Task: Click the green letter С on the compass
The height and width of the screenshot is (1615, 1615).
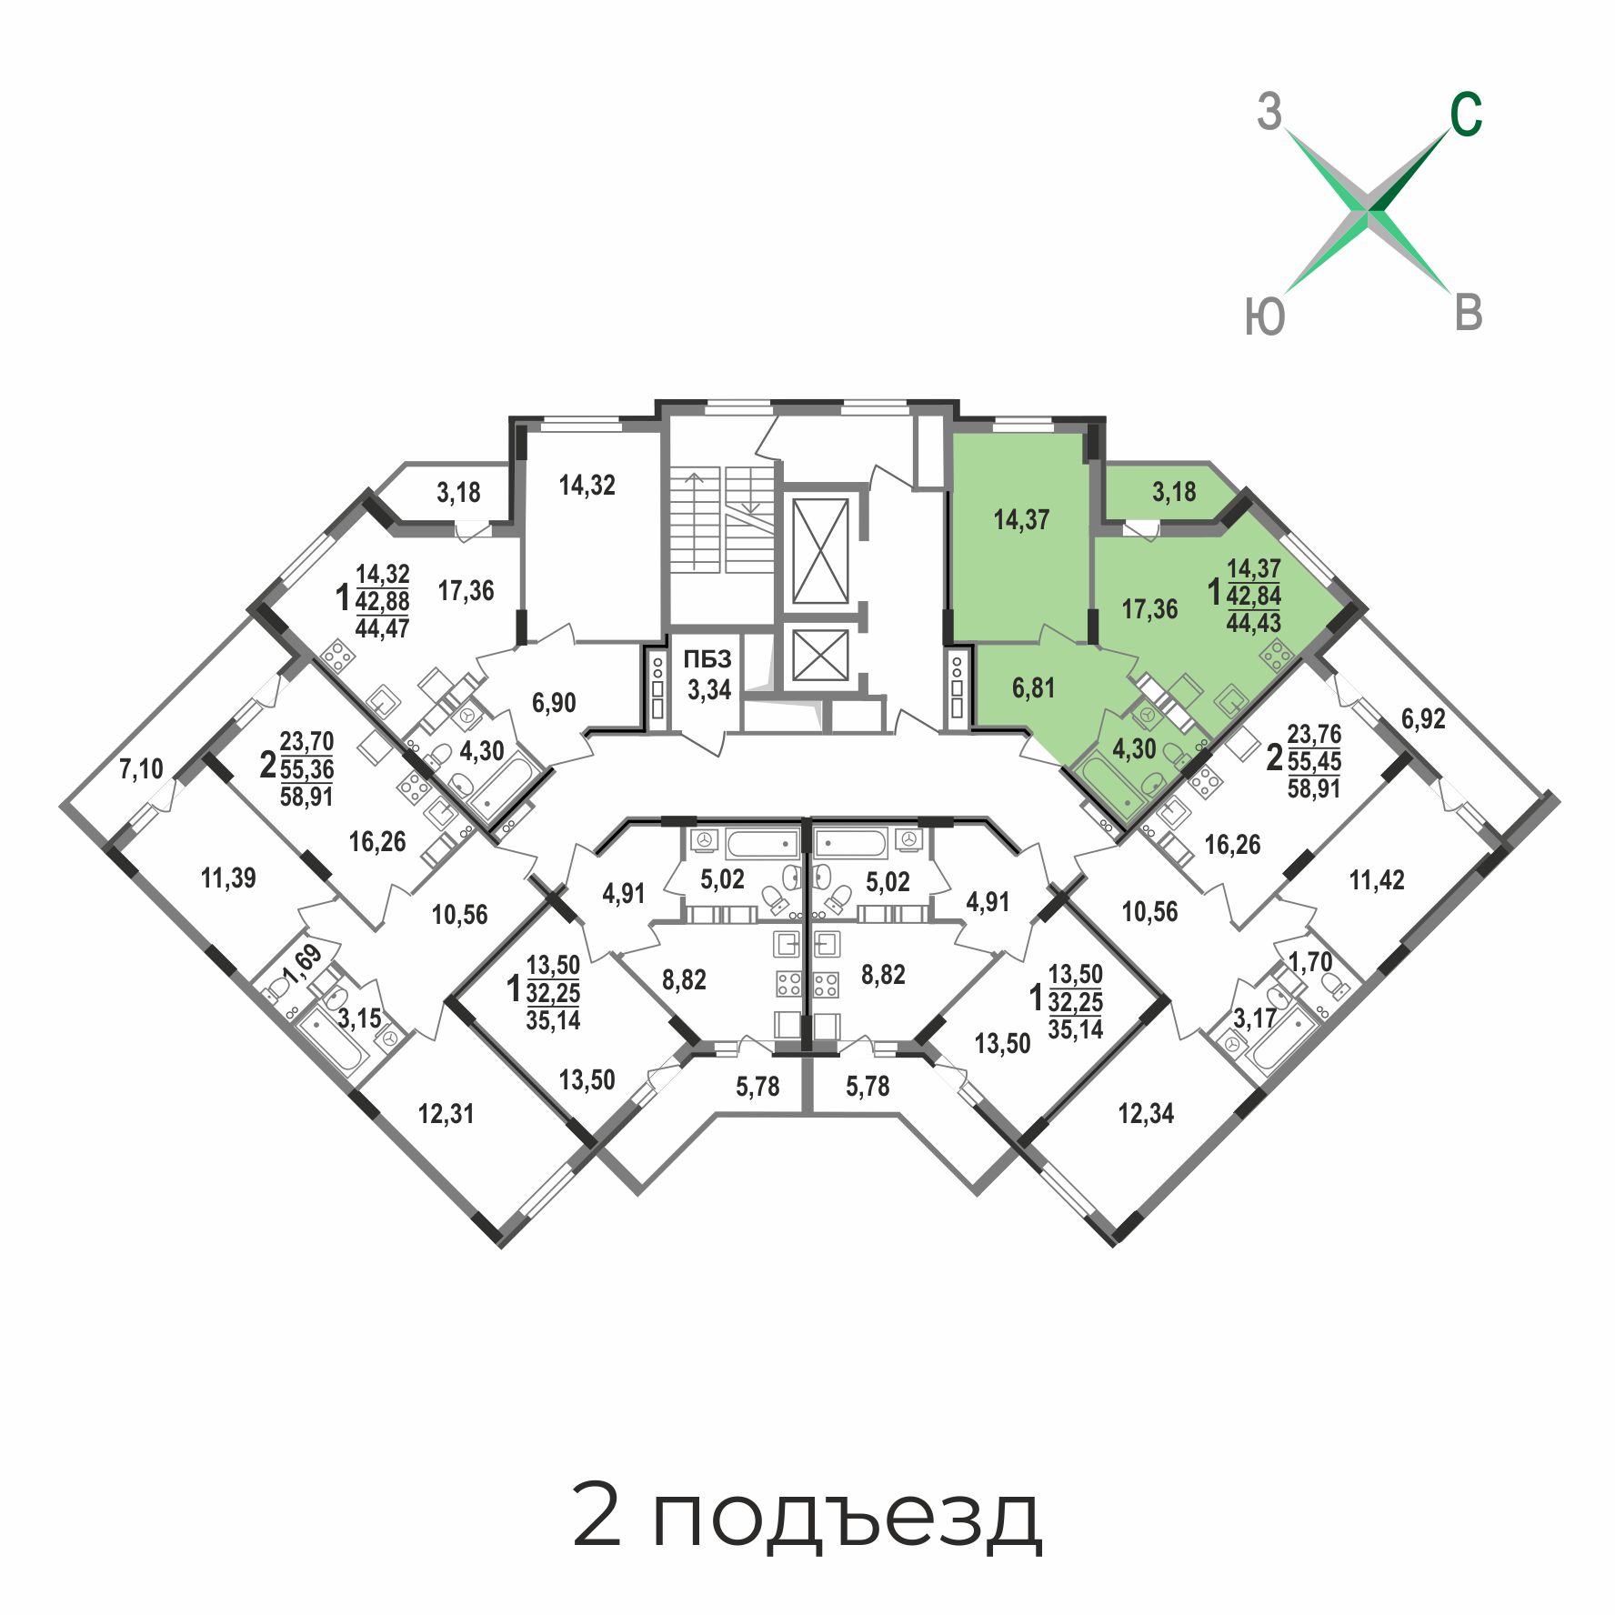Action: (1466, 115)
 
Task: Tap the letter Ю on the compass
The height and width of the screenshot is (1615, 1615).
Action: (1265, 317)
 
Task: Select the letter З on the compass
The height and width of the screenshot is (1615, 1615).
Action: (1269, 113)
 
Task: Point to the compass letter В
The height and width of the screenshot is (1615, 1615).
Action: (1469, 313)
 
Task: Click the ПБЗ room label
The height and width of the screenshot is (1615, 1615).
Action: (707, 660)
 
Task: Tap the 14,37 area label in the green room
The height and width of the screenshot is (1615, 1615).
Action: (1021, 520)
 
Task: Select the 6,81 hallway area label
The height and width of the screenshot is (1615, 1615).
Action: (1033, 688)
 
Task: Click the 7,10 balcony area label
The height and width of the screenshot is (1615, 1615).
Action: (141, 769)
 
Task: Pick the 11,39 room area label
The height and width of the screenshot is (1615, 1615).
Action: (228, 878)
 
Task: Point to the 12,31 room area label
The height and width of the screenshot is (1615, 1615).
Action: (446, 1114)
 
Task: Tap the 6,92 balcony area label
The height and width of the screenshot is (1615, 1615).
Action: (1423, 719)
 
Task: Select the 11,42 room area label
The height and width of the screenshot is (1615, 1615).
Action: (1377, 880)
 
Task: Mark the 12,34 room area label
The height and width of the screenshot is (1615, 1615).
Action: (1146, 1114)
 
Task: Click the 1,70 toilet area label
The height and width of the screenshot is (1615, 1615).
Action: (1310, 961)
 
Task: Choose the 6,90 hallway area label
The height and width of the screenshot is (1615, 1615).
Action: (554, 703)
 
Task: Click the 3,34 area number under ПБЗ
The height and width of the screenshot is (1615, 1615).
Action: (709, 689)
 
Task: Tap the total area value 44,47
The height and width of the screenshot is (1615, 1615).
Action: (382, 628)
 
